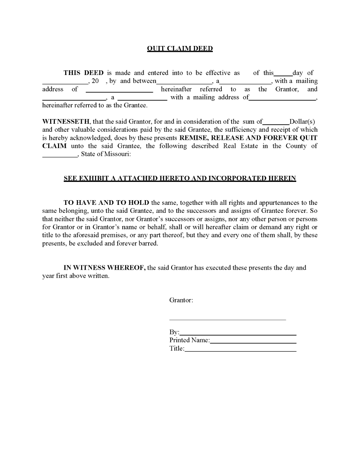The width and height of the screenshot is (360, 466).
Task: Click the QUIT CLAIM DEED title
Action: (180, 48)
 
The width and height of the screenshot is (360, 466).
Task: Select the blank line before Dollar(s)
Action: (276, 122)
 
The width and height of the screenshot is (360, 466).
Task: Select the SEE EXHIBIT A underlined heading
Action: (180, 179)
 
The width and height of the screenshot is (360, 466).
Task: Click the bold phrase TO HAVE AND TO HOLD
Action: (106, 203)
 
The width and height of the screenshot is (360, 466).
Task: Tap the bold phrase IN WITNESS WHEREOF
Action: (105, 268)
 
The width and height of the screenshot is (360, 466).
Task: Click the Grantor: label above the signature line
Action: (181, 300)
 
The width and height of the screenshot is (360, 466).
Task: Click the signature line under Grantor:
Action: (227, 320)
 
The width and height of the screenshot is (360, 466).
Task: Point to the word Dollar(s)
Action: (304, 121)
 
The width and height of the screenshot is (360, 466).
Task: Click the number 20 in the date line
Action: (95, 81)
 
